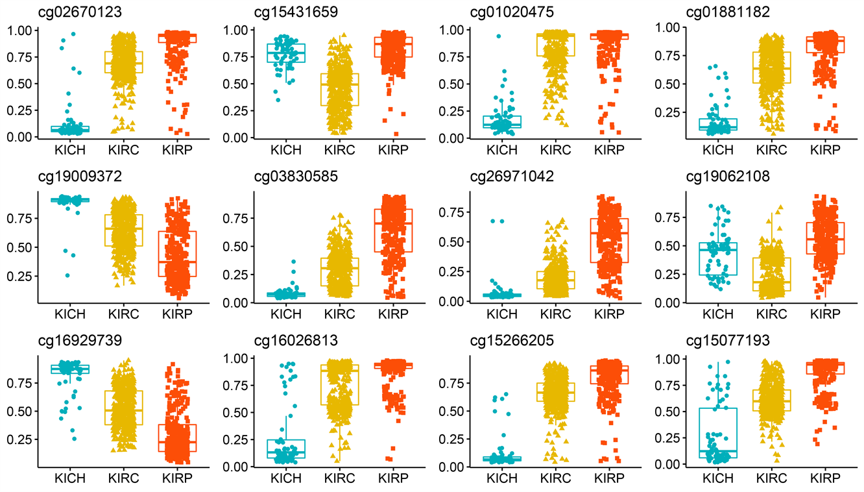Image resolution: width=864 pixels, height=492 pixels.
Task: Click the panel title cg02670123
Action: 47,12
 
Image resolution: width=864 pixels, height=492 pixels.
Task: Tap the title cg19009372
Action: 47,177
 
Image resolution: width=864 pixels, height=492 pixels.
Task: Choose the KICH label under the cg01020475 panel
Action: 502,151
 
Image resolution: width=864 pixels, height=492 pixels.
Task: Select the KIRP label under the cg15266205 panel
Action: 608,479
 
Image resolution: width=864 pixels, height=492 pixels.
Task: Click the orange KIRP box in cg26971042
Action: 608,240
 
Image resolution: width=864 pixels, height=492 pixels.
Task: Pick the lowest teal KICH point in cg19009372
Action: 68,275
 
